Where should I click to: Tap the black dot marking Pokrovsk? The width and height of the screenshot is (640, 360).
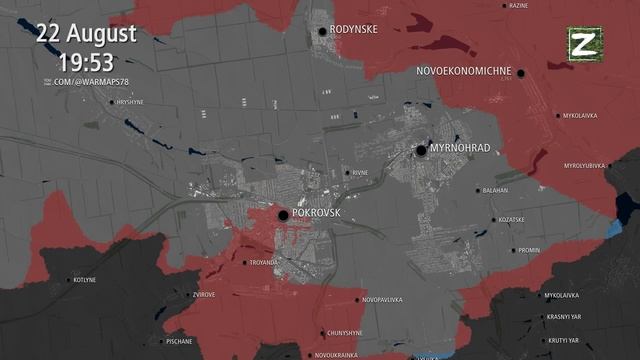point(283,214)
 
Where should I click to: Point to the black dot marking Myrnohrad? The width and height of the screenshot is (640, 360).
point(421,150)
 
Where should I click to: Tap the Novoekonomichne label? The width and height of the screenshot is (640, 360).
point(464,72)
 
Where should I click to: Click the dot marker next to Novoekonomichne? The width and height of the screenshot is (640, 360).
point(522,72)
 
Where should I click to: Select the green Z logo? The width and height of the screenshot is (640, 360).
point(581,43)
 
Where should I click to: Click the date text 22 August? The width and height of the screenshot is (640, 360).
point(87,33)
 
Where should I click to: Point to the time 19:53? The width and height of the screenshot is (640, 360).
point(87,62)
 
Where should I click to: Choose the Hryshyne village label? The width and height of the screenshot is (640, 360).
point(130,102)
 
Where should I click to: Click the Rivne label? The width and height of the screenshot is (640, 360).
point(360,172)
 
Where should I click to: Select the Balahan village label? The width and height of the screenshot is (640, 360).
point(495,190)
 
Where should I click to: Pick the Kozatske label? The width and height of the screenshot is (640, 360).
point(511,220)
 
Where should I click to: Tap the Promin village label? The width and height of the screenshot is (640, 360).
point(529,250)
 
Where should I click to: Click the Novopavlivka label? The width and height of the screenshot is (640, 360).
point(382,300)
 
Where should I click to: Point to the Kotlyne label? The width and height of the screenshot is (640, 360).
point(85,280)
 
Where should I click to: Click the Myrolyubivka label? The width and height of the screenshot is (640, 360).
point(586,165)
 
